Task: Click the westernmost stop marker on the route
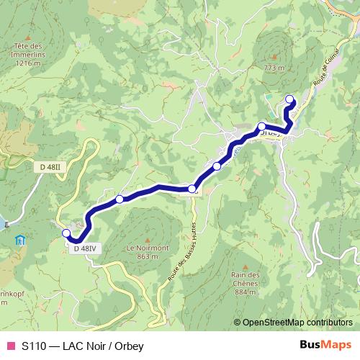pyautogui.click(x=66, y=233)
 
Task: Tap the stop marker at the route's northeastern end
pyautogui.click(x=289, y=99)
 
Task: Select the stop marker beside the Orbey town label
pyautogui.click(x=261, y=126)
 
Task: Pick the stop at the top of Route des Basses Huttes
pyautogui.click(x=192, y=189)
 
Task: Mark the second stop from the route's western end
pyautogui.click(x=120, y=199)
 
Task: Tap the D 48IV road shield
pyautogui.click(x=84, y=248)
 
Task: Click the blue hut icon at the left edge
pyautogui.click(x=19, y=239)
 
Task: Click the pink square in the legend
pyautogui.click(x=10, y=346)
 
